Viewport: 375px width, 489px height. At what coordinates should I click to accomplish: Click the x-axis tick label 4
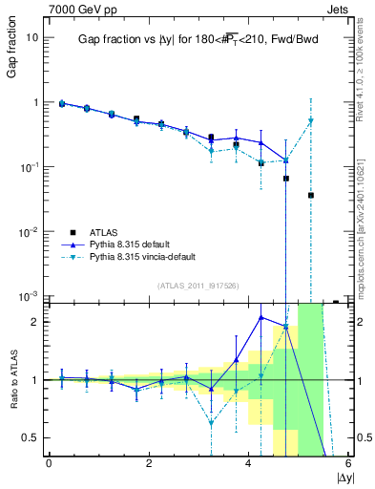249,464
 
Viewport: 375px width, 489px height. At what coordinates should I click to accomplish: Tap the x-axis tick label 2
149,464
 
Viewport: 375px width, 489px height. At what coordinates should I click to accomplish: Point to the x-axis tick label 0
49,464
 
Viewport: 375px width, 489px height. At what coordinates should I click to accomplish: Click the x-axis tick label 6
348,464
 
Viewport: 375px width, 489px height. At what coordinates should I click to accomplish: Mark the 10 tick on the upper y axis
31,37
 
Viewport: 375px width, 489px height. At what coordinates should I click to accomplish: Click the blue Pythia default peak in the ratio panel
261,317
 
